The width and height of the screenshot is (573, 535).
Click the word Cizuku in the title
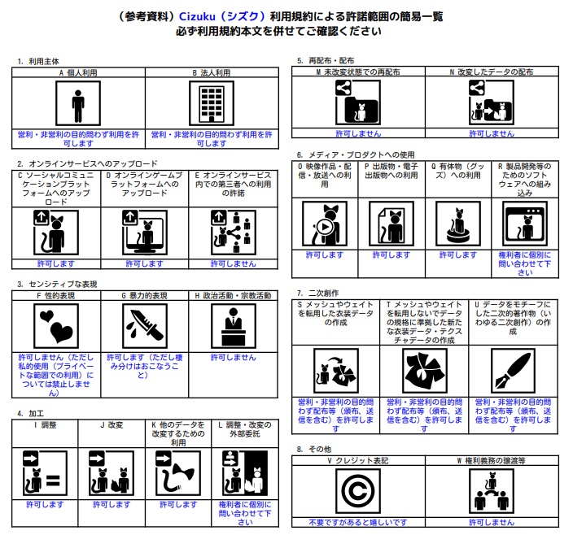(x=197, y=16)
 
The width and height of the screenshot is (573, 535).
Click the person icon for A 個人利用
(x=78, y=103)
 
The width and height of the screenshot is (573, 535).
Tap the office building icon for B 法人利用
(x=212, y=103)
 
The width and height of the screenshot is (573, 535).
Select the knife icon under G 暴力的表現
(x=145, y=326)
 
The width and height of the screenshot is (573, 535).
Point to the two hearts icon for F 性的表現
(x=56, y=326)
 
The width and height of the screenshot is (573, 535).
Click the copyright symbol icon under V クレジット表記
(x=358, y=491)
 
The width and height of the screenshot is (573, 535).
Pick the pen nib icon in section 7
(x=513, y=371)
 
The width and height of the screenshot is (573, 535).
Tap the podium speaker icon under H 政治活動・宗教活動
(x=234, y=326)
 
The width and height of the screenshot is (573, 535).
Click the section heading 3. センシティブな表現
(x=57, y=285)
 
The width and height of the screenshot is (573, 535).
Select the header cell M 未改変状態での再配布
(x=358, y=72)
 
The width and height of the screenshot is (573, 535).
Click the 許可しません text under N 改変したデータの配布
(x=492, y=133)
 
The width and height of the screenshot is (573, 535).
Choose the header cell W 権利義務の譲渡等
(x=492, y=460)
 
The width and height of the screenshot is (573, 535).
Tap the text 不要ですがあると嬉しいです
(x=358, y=523)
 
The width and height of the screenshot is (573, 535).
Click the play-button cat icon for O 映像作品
(x=325, y=224)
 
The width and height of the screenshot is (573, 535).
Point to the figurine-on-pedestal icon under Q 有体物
(x=458, y=224)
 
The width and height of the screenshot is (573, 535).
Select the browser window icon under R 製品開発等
(x=525, y=224)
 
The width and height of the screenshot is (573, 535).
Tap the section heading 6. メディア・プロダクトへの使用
(x=356, y=154)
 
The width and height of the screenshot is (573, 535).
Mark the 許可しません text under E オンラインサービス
(x=233, y=263)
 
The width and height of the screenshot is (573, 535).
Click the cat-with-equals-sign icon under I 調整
(x=45, y=473)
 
